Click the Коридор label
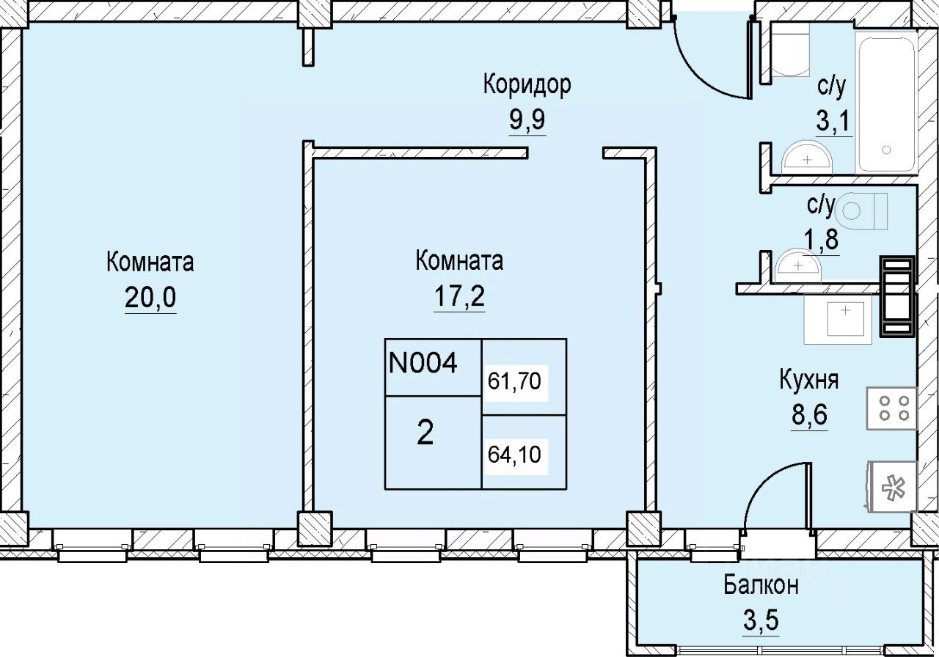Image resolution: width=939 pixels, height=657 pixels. click(526, 85)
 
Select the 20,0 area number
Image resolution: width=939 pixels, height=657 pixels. click(150, 299)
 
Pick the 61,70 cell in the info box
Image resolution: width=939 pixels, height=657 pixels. click(514, 381)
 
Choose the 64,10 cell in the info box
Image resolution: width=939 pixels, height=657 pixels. click(514, 455)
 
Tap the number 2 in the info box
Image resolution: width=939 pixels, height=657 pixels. click(425, 434)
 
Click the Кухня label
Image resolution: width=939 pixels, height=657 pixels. click(809, 381)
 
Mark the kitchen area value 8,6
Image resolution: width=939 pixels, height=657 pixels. click(808, 416)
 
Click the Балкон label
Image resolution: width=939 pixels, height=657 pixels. click(760, 586)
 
